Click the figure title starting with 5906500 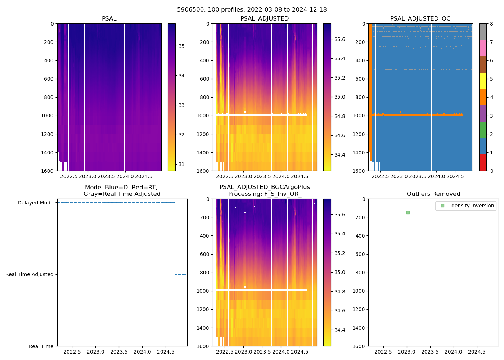[252, 10]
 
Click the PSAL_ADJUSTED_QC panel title [420, 19]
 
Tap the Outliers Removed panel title [433, 194]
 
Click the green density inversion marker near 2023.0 [408, 212]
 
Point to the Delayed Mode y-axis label [35, 203]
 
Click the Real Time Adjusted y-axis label [29, 274]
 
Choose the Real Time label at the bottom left [41, 346]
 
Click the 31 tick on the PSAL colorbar [181, 164]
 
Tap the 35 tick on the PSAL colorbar [181, 46]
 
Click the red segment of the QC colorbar [483, 162]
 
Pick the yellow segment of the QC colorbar [483, 81]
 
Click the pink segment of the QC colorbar [483, 48]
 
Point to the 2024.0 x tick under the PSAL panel [125, 176]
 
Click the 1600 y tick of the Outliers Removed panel [359, 346]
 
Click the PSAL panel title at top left [109, 19]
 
